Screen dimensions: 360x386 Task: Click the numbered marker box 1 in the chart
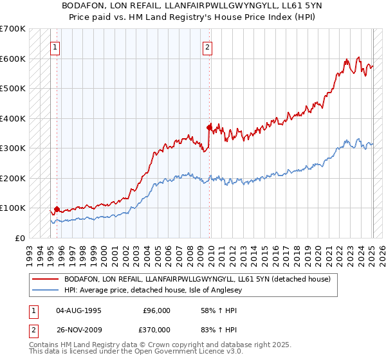(x=55, y=47)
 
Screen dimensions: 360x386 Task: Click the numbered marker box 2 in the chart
(x=208, y=47)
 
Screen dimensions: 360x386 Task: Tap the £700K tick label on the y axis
(x=13, y=29)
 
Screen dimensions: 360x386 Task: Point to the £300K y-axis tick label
(x=13, y=148)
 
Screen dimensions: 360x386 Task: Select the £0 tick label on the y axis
(x=21, y=238)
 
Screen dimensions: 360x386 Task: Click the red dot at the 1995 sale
(x=57, y=209)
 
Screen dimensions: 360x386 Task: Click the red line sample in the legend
(x=45, y=279)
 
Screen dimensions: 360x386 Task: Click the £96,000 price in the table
(x=156, y=310)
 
